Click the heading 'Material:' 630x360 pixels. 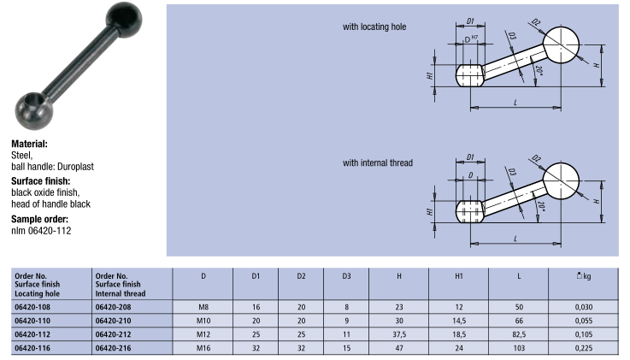click(x=30, y=145)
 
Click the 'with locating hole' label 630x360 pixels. click(x=374, y=27)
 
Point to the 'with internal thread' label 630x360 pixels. click(x=377, y=162)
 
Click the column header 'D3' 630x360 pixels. click(x=347, y=276)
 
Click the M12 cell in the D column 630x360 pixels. click(x=203, y=334)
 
